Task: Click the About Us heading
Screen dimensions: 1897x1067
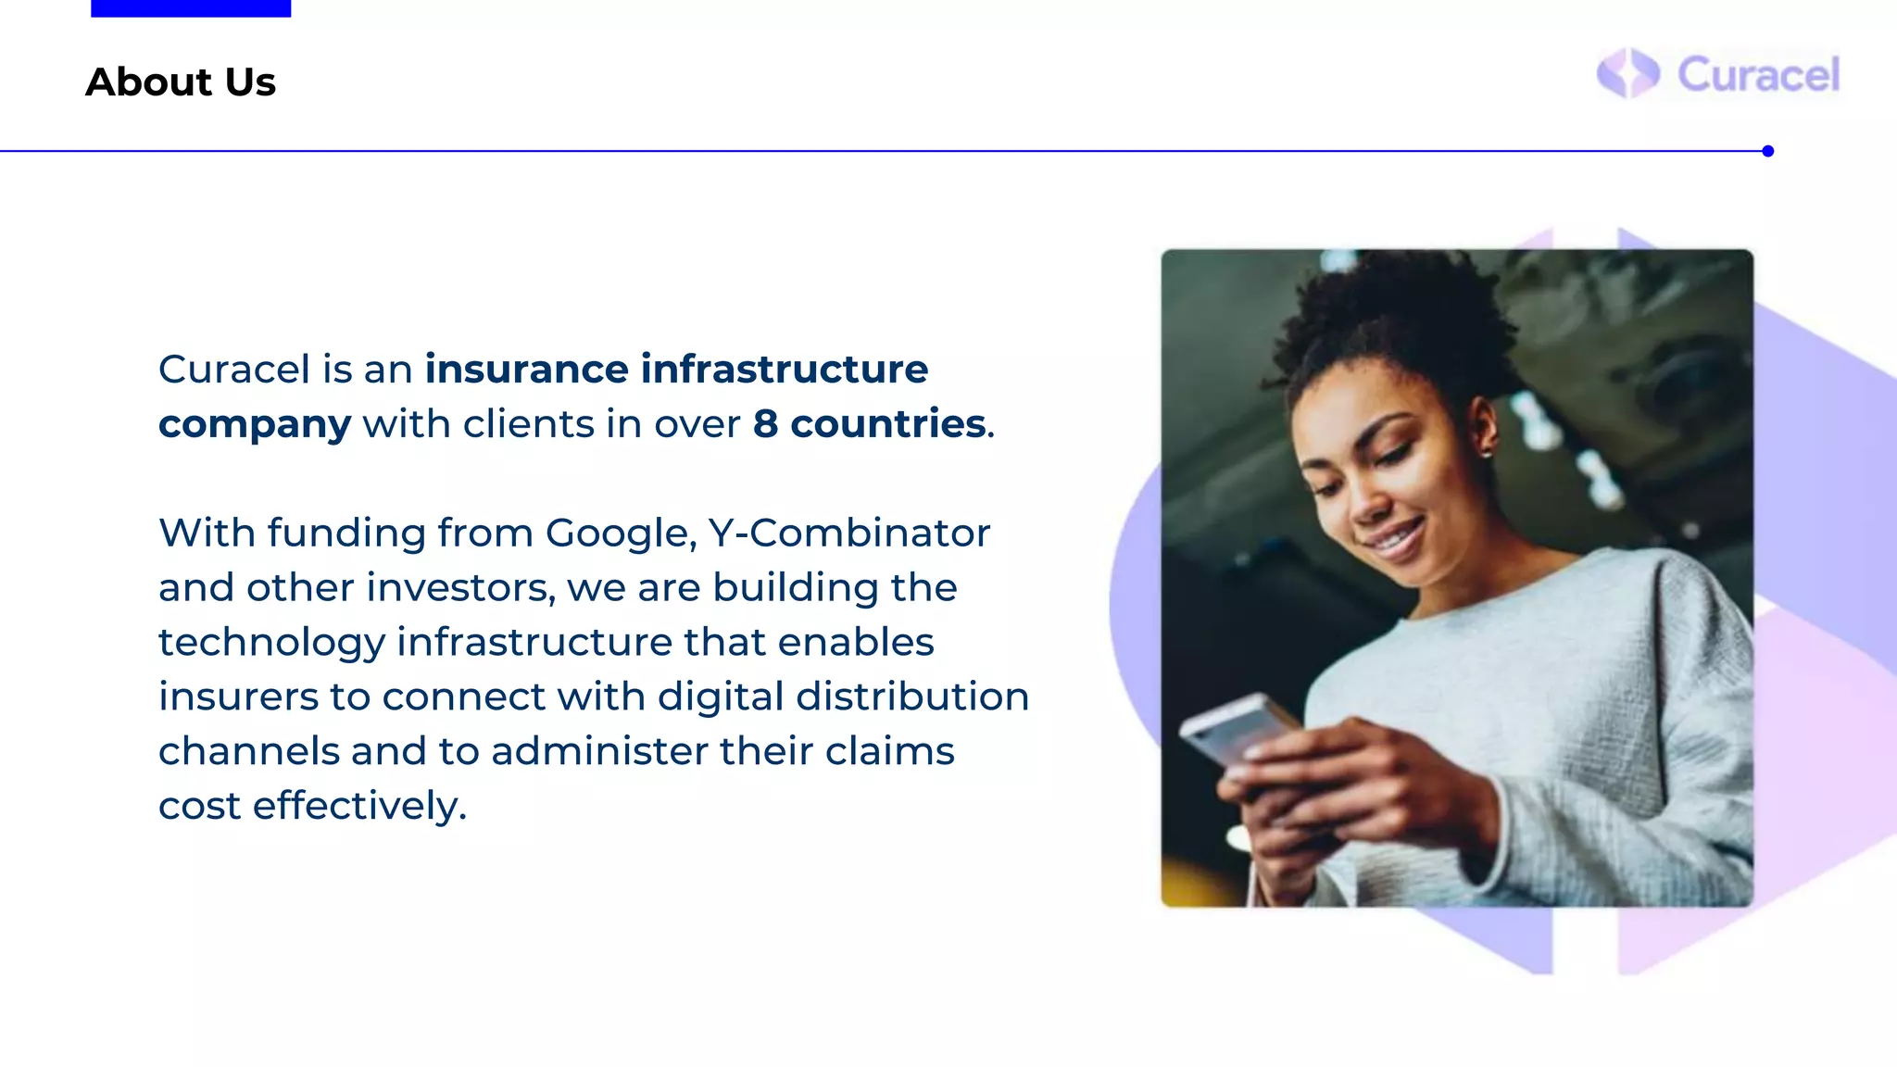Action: pos(181,82)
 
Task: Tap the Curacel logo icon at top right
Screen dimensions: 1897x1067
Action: pos(1627,73)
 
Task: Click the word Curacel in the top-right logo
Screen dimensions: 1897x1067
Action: pos(1758,75)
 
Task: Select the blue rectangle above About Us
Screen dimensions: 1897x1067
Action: pos(191,8)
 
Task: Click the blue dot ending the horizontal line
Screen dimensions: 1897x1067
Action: pos(1767,151)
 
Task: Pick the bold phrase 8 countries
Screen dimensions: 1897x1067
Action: pos(869,424)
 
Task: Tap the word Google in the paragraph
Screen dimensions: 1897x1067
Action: pos(618,533)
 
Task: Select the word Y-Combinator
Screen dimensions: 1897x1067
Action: pos(848,533)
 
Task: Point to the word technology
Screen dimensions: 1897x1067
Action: pos(271,643)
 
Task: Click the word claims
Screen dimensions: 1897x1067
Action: pos(889,751)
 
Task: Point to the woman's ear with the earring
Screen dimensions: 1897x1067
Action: pos(1482,431)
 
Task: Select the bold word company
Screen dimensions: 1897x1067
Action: pos(255,425)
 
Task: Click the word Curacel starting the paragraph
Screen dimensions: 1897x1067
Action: pos(233,370)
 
